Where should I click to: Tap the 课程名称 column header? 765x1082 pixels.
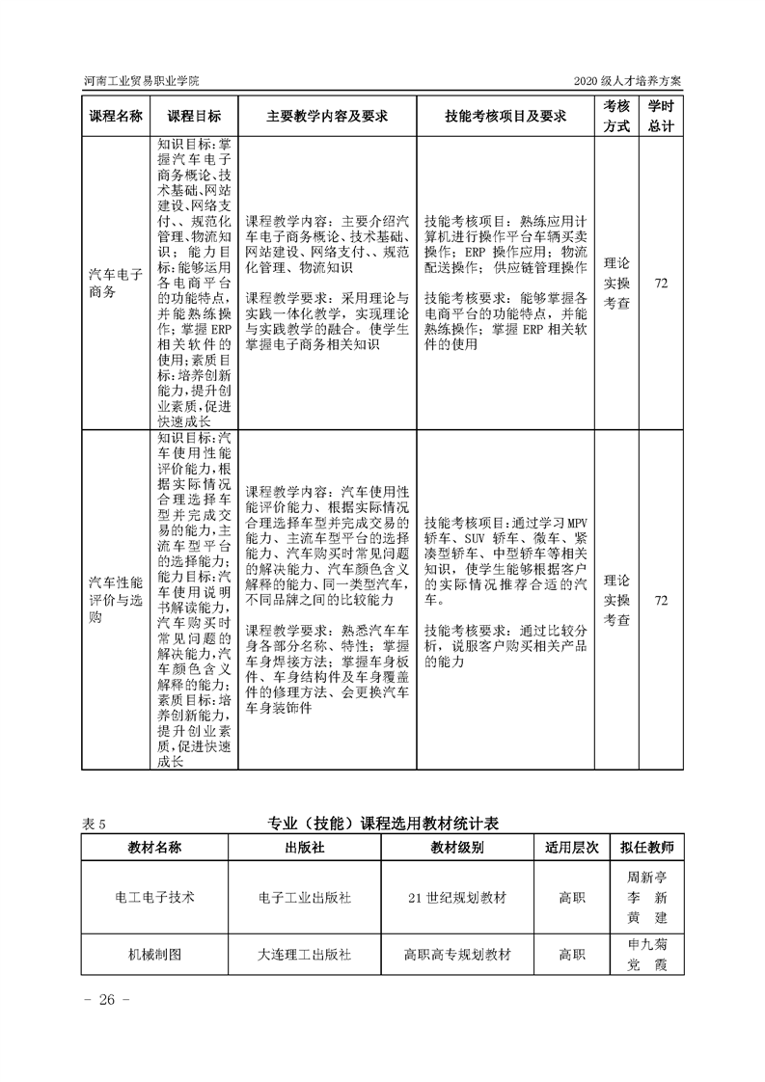click(x=116, y=116)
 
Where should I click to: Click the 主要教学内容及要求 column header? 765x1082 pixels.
click(x=327, y=116)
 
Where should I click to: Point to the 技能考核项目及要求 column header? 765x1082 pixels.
click(x=505, y=116)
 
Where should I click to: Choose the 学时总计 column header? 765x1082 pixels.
click(x=661, y=116)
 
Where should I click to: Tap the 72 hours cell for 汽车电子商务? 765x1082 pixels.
click(x=661, y=284)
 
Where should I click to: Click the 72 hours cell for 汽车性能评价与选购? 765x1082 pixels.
click(x=661, y=601)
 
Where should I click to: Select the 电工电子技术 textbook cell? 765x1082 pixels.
click(x=154, y=897)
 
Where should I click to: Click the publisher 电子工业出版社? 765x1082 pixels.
click(x=305, y=897)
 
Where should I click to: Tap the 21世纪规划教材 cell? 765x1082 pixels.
click(x=457, y=897)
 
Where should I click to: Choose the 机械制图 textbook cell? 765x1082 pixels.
click(x=154, y=955)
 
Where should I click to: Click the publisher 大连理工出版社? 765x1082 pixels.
click(x=305, y=955)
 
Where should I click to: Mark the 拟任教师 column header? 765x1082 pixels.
click(x=647, y=848)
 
